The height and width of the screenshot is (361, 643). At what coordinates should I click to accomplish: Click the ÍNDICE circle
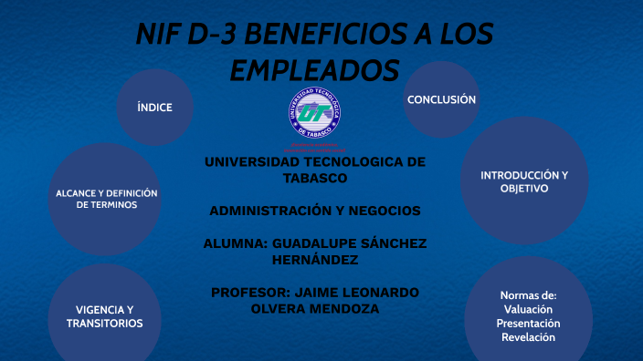pos(154,108)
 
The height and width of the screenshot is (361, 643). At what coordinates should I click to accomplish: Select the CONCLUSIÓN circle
pos(441,99)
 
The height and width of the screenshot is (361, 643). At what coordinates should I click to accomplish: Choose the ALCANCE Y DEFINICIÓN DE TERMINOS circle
pos(106,199)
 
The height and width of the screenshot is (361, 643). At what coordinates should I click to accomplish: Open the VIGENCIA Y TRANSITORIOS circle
pos(104,316)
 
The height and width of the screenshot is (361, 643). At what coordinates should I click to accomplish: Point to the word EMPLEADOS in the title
pos(314,70)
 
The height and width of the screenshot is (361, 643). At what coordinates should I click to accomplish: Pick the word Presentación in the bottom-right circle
pos(528,324)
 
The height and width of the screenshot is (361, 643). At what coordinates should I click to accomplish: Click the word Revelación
pos(528,338)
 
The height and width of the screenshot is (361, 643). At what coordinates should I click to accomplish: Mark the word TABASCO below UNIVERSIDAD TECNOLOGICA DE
pos(314,178)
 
